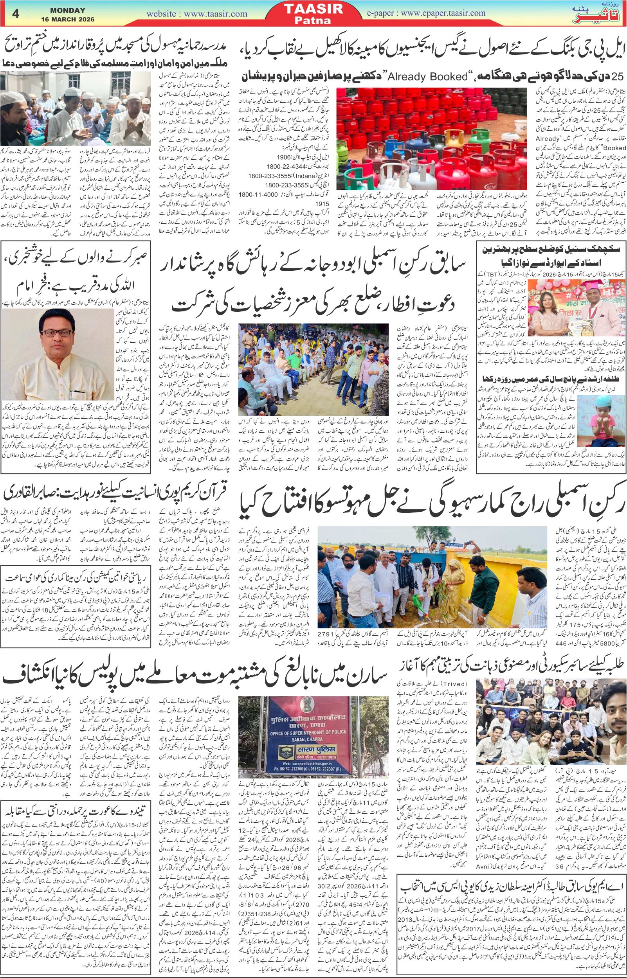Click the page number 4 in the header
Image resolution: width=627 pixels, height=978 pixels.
tap(16, 13)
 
